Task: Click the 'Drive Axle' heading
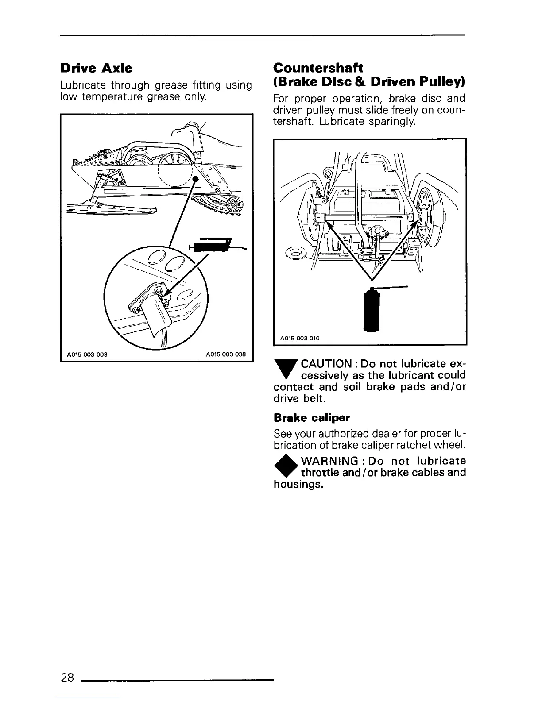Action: [96, 68]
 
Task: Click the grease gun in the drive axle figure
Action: [213, 244]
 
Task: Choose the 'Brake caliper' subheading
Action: [312, 418]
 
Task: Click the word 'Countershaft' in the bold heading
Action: [318, 68]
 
